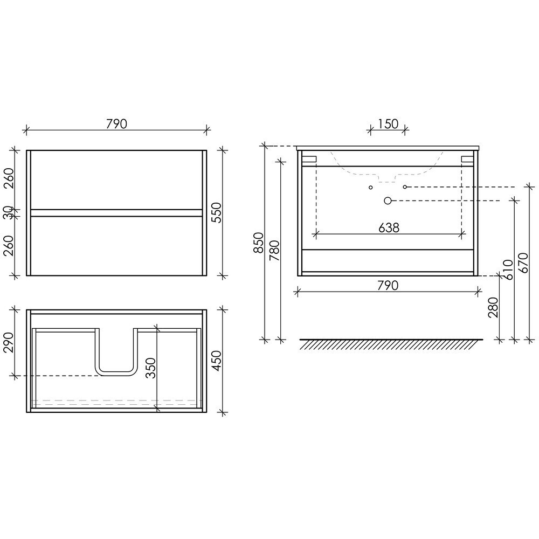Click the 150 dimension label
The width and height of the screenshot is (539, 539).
tap(388, 124)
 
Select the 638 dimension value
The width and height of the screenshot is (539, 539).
tap(389, 227)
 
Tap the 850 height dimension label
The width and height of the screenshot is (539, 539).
tap(259, 243)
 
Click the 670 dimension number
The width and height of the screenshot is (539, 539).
tap(523, 263)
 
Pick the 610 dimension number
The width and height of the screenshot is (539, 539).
tap(508, 269)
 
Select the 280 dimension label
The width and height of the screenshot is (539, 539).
tap(493, 307)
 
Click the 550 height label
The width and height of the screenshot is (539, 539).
tap(217, 213)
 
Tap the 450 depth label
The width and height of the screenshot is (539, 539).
tap(217, 361)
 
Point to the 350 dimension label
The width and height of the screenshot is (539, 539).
tap(150, 368)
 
